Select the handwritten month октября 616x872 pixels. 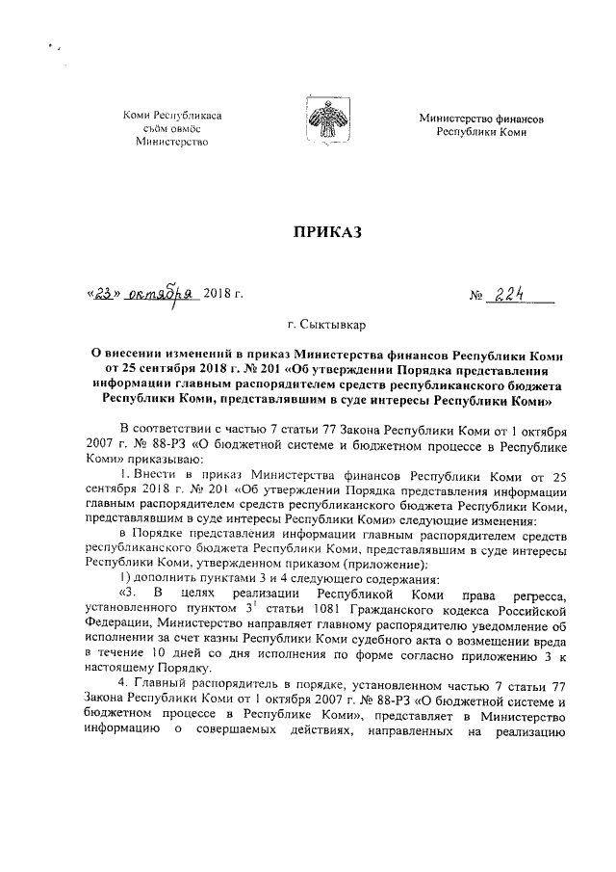click(161, 294)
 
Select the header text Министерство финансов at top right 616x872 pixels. click(481, 118)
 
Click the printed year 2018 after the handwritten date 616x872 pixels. click(218, 295)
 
